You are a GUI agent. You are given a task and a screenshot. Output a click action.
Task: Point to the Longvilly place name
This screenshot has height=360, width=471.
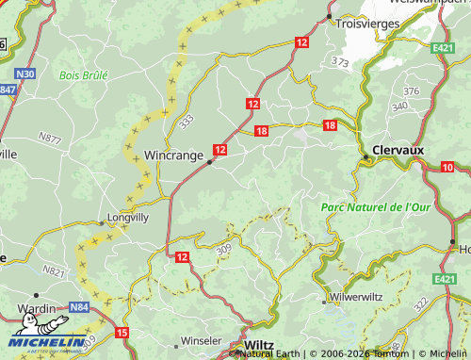128,217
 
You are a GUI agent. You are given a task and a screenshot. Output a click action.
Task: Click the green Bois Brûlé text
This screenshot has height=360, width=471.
83,74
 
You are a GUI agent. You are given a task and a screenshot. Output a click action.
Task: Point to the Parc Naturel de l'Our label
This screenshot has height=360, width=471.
376,206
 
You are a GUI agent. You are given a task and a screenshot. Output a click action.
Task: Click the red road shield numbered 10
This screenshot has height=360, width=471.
447,167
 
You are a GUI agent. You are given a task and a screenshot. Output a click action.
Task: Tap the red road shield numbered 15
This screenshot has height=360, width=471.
122,333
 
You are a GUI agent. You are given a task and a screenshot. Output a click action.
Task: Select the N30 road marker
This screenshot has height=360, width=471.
25,74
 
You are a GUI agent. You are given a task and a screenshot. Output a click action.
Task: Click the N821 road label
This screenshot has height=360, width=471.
55,272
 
